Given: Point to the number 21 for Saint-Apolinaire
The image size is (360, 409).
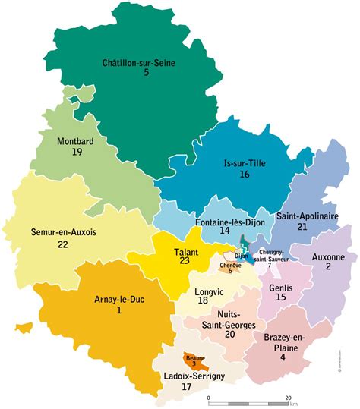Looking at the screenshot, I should (302, 227).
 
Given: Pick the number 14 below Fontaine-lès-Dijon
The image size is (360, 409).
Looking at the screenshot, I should (225, 230).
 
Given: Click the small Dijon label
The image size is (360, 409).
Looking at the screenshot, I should (242, 256).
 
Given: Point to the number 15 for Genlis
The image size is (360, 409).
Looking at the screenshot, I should (281, 297).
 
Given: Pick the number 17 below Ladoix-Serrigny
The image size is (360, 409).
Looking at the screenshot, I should (186, 385).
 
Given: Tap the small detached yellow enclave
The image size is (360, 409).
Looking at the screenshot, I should (24, 329).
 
